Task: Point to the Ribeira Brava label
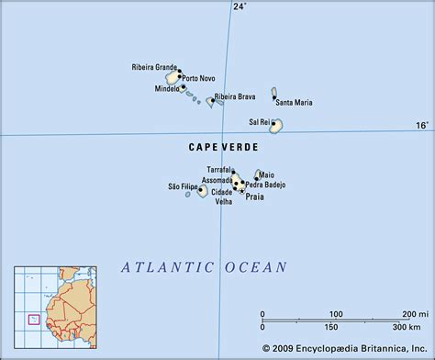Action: coord(235,96)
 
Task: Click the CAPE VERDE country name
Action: coord(225,147)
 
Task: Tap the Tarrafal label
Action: coord(219,170)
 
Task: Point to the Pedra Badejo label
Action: coord(266,185)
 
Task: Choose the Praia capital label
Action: coord(254,196)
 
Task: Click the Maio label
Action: coord(266,174)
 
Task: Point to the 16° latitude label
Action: coord(421,126)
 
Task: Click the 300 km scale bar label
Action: coord(400,327)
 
